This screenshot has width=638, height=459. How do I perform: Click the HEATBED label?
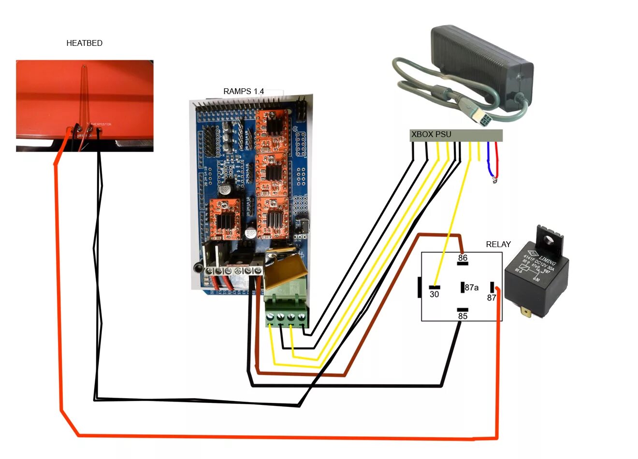[x=84, y=43]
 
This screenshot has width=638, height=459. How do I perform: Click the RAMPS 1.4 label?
[x=244, y=91]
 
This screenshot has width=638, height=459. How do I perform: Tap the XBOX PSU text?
[x=431, y=135]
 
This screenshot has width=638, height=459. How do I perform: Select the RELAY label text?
[x=498, y=244]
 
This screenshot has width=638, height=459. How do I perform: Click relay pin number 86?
[x=463, y=258]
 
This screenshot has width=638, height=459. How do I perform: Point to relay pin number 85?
[x=463, y=316]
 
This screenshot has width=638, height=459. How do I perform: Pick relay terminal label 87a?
[x=471, y=288]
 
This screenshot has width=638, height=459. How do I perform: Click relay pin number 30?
[x=434, y=294]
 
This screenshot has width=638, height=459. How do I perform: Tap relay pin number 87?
[x=491, y=298]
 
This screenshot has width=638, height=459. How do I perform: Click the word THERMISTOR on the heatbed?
[x=101, y=125]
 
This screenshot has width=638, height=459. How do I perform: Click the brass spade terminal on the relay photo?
[x=525, y=312]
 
